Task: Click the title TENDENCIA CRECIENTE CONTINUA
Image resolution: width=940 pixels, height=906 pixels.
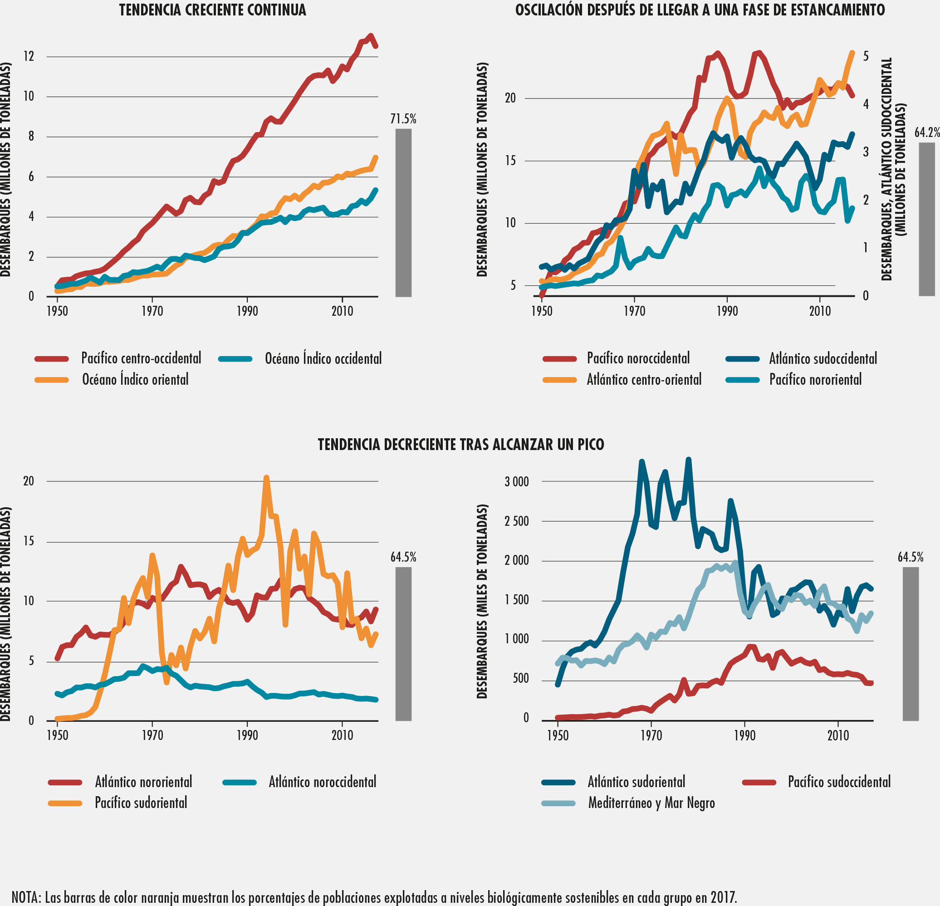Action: click(x=212, y=10)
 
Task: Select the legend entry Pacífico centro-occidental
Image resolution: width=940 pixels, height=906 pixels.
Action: click(x=141, y=358)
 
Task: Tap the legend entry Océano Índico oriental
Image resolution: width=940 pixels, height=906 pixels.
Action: click(x=135, y=379)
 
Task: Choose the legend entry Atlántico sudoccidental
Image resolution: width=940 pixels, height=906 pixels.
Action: click(x=822, y=358)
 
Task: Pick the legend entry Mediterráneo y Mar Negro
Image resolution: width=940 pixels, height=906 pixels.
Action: click(x=651, y=803)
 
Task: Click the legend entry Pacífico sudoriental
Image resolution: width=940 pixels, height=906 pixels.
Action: click(x=141, y=803)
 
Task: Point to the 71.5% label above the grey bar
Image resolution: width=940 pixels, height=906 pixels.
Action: click(x=403, y=119)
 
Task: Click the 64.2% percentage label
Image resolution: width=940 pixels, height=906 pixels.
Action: click(x=926, y=132)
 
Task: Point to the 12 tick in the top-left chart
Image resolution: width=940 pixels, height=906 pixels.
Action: click(x=29, y=57)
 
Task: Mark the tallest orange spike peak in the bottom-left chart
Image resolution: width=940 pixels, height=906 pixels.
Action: click(x=266, y=478)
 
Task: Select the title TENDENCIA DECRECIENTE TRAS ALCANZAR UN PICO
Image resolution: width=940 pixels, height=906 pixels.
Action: click(x=460, y=444)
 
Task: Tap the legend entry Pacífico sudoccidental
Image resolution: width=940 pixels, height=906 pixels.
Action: click(x=839, y=782)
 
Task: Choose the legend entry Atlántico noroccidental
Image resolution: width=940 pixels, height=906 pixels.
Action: click(x=322, y=782)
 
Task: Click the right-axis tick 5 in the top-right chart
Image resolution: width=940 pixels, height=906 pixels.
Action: click(x=866, y=56)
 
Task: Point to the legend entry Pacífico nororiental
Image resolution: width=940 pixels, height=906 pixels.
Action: click(x=815, y=379)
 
